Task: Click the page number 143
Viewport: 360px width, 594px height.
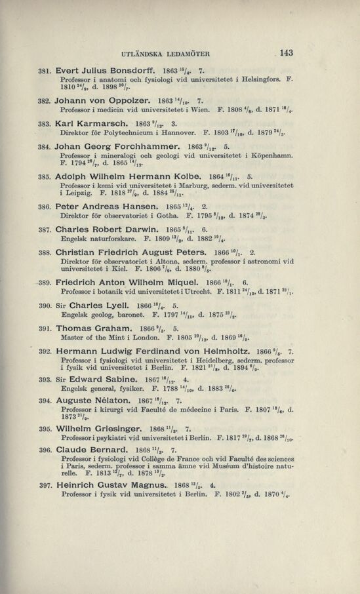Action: point(285,53)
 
